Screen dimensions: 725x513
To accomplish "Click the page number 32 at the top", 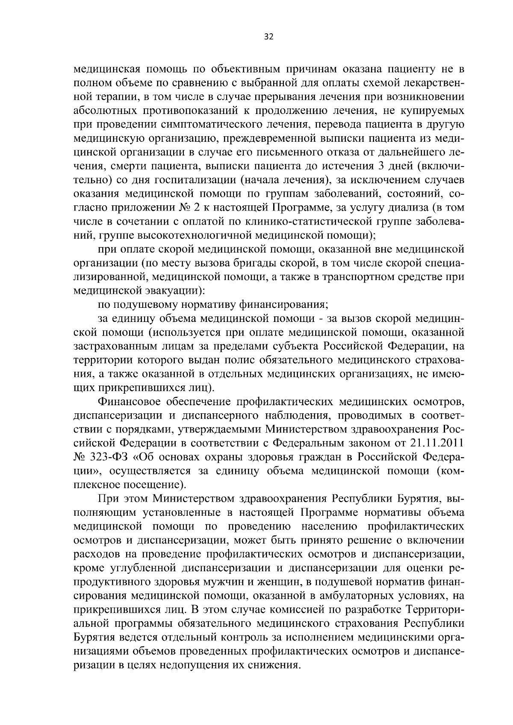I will click(268, 37).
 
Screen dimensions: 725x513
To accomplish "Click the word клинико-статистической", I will click(322, 222).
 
